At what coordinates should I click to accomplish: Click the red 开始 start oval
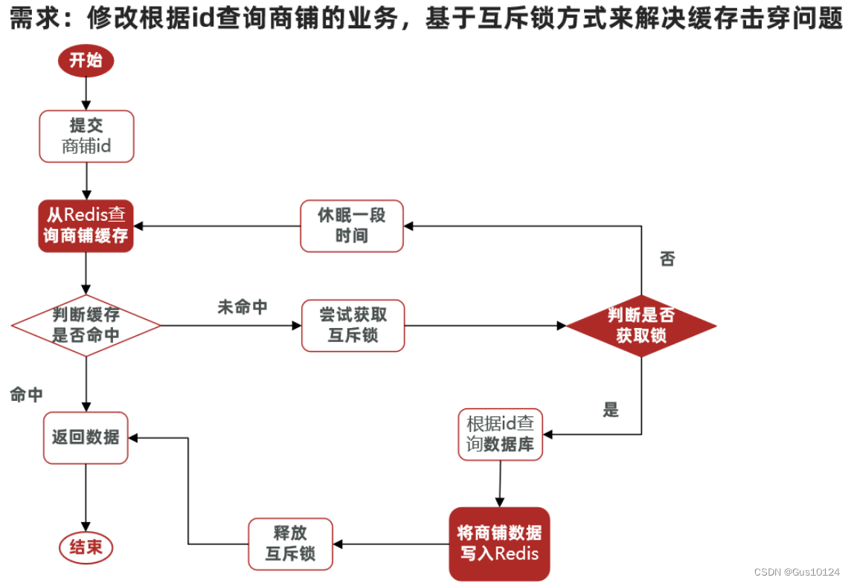86,61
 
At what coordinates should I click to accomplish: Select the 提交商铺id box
86,136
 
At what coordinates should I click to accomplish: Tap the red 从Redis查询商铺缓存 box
86,225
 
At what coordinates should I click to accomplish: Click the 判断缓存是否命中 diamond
86,325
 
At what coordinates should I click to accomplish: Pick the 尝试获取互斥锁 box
353,326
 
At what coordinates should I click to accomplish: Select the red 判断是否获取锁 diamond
641,326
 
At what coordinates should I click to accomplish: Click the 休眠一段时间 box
352,225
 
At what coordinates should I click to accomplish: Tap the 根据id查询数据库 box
500,434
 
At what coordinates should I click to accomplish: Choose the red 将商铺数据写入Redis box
499,544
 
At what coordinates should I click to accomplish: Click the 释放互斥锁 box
290,544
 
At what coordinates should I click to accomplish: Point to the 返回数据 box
86,437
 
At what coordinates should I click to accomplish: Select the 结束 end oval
86,548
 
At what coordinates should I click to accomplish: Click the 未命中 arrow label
242,307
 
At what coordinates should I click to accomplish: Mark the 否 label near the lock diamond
667,260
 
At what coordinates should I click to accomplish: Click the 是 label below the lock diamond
611,410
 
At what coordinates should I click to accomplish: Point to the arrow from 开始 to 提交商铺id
86,93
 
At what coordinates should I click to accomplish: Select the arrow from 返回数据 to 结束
86,497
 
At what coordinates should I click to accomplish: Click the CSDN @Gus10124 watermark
797,572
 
